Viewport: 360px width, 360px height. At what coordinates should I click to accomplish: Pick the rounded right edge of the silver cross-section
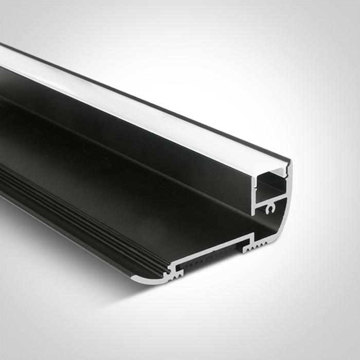[x=286, y=216]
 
